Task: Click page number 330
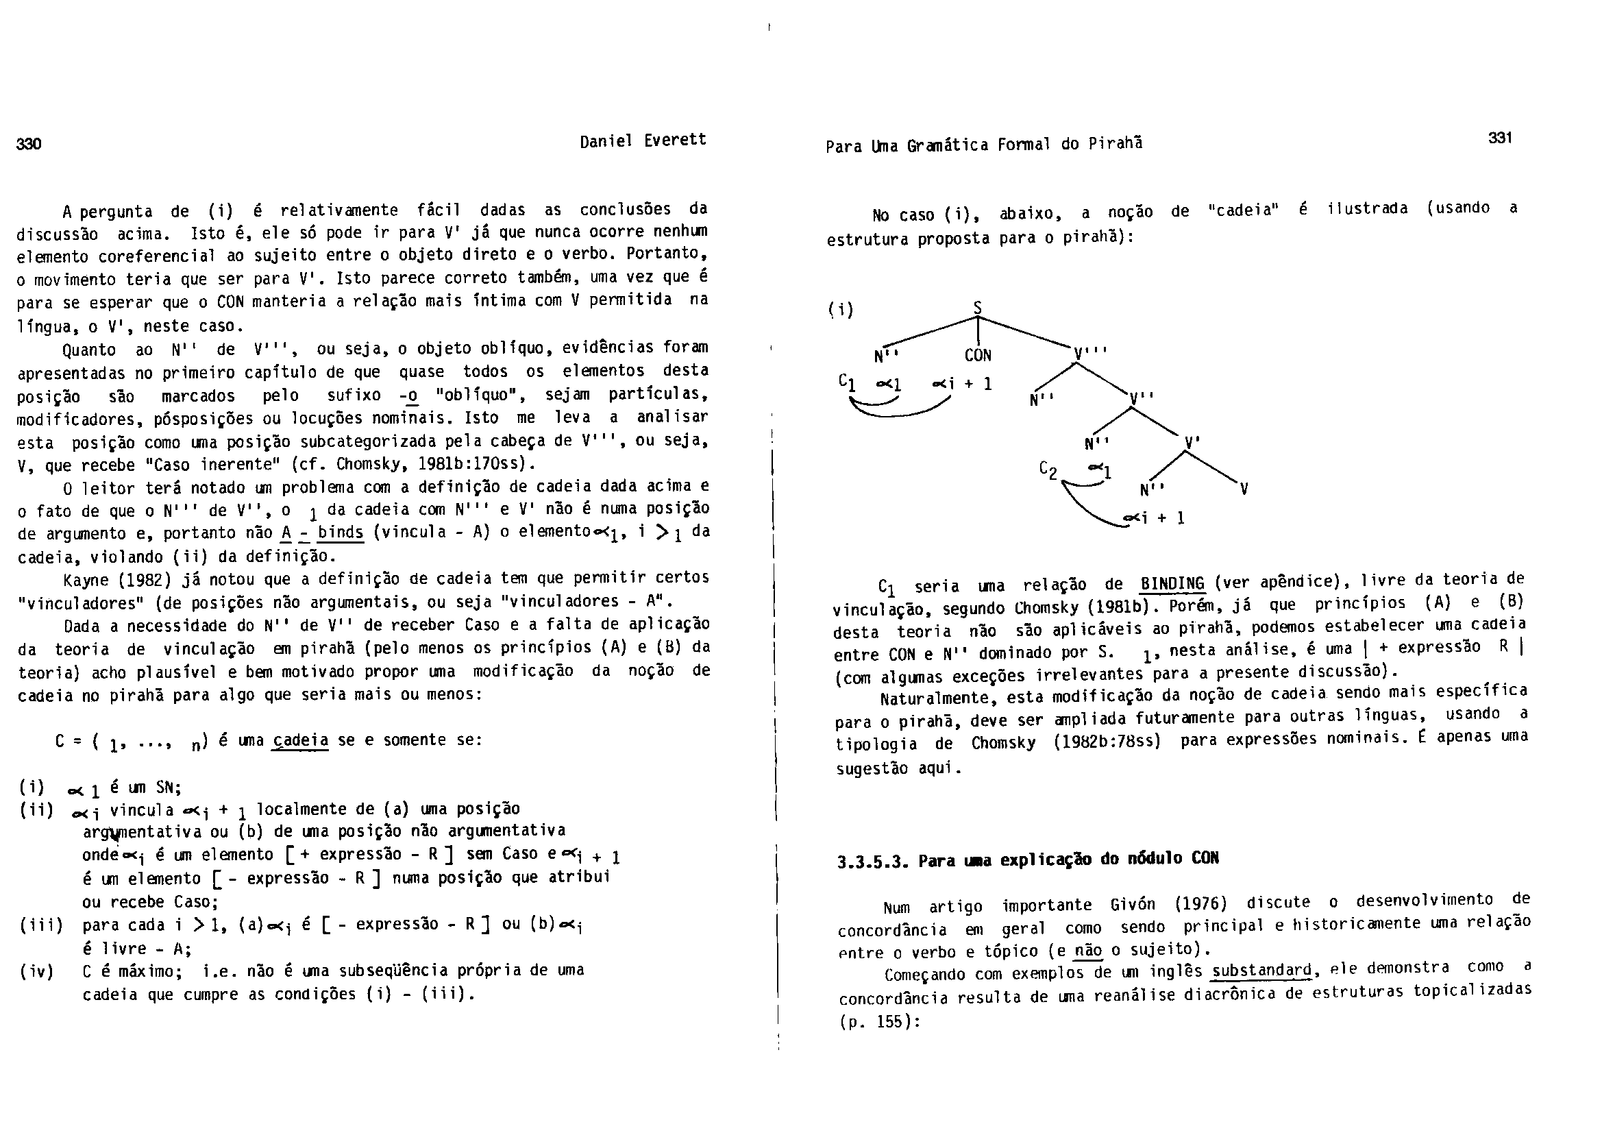point(29,145)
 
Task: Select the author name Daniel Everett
point(643,141)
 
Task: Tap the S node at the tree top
point(978,308)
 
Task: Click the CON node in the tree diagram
point(978,355)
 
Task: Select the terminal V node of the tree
point(1244,489)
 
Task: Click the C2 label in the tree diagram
point(1048,470)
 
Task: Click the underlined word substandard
point(1262,971)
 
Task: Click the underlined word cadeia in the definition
point(301,740)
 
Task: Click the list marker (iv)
point(36,971)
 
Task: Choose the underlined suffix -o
point(410,395)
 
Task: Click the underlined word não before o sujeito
point(1089,949)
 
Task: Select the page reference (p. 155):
point(879,1021)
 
